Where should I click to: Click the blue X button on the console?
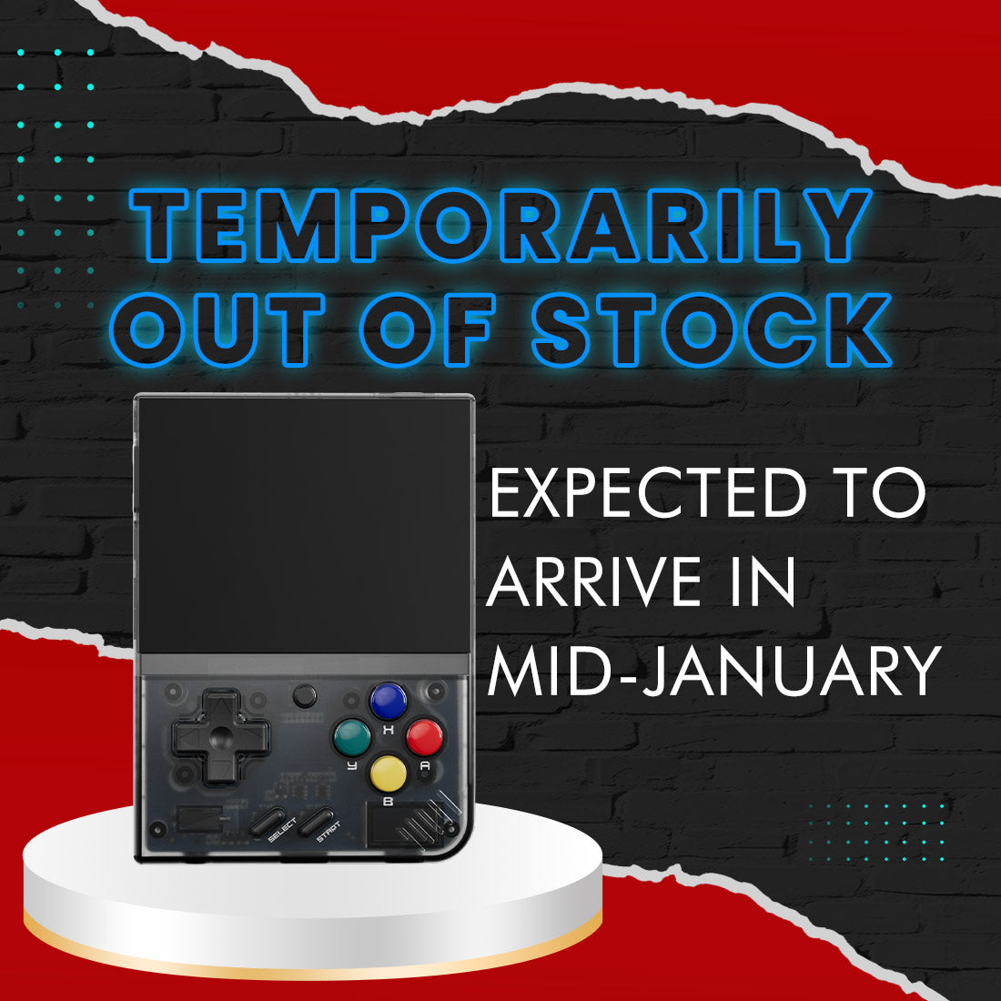pyautogui.click(x=388, y=701)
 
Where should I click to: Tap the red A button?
pyautogui.click(x=424, y=737)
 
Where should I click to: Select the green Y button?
pyautogui.click(x=352, y=737)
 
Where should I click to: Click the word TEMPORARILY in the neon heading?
pyautogui.click(x=500, y=225)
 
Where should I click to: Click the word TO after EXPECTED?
pyautogui.click(x=879, y=494)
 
